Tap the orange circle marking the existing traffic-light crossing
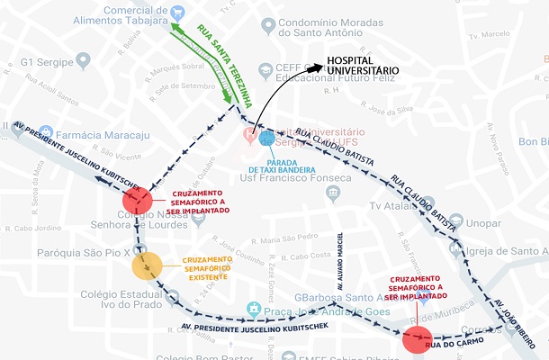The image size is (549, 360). (147, 266)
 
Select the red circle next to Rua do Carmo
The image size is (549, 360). (417, 339)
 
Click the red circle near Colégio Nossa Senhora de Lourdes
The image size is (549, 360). (138, 200)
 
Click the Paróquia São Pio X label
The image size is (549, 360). (55, 254)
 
